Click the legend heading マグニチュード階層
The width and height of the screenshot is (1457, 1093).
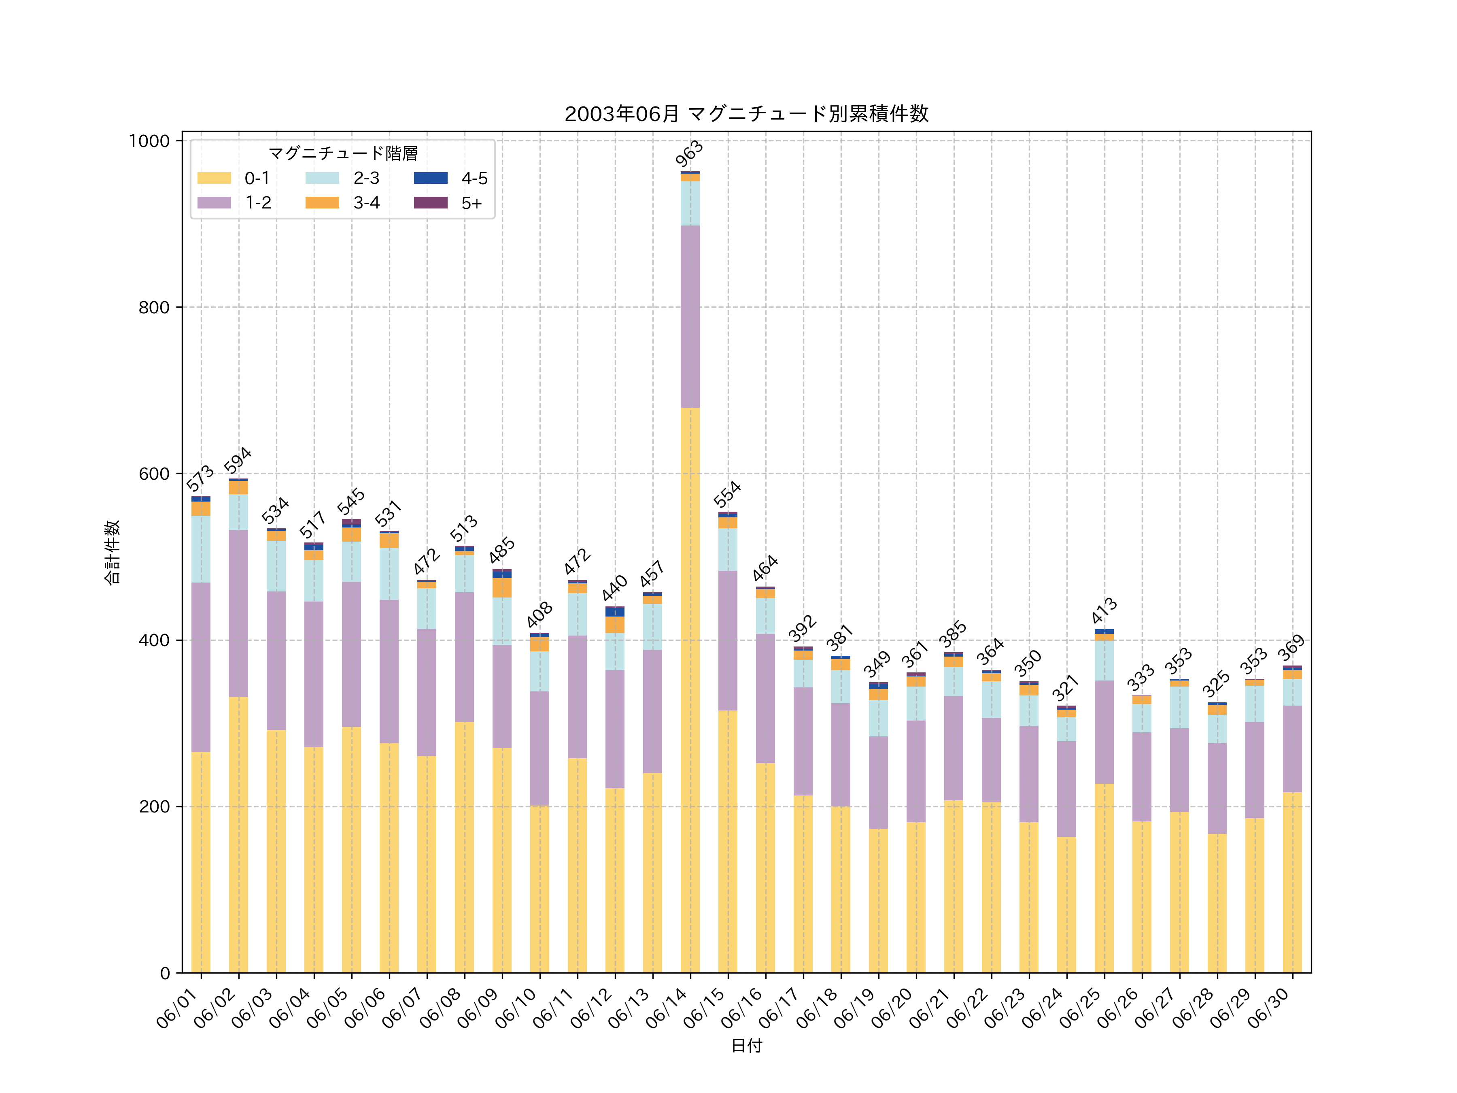pyautogui.click(x=342, y=153)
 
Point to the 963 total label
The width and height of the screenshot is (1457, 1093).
pyautogui.click(x=689, y=154)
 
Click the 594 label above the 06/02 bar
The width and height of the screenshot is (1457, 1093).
pyautogui.click(x=238, y=461)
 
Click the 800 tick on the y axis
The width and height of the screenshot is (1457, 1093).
pyautogui.click(x=153, y=307)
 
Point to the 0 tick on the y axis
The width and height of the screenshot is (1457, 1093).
pyautogui.click(x=165, y=973)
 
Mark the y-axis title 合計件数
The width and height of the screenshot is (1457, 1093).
pyautogui.click(x=112, y=552)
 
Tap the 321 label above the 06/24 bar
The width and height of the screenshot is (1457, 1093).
pyautogui.click(x=1065, y=689)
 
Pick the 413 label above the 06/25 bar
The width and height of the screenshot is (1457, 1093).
pyautogui.click(x=1103, y=611)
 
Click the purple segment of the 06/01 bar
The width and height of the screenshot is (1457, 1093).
pyautogui.click(x=201, y=667)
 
